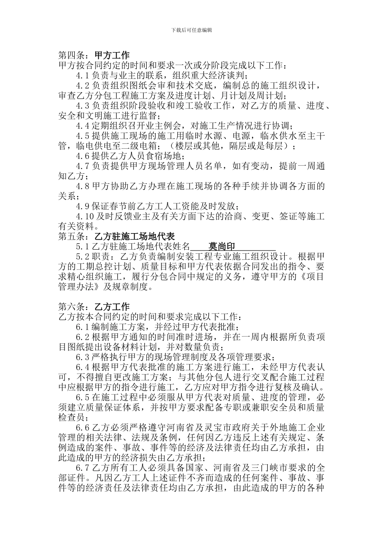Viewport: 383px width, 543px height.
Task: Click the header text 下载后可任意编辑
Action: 191,30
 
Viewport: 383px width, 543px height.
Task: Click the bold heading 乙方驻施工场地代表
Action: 134,236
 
